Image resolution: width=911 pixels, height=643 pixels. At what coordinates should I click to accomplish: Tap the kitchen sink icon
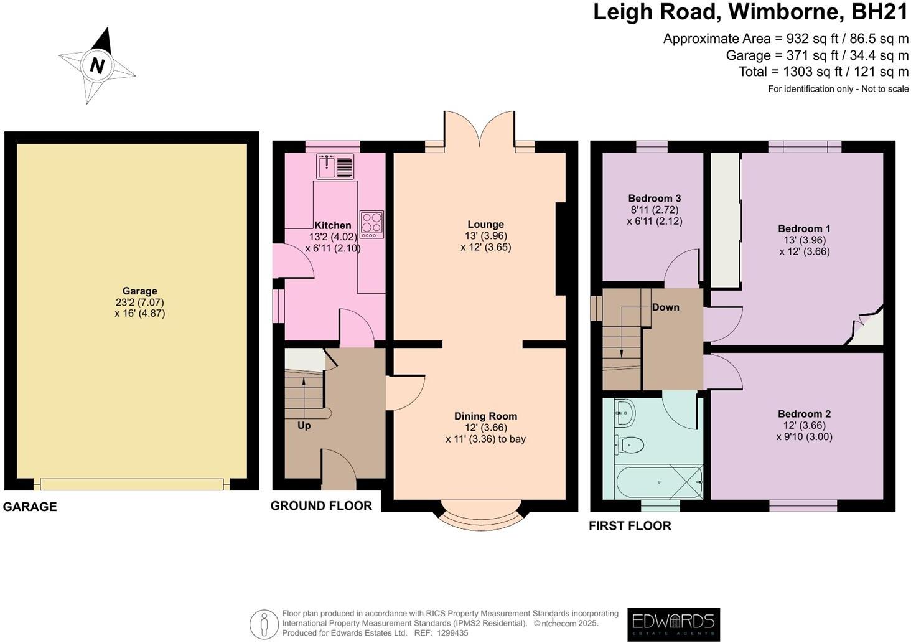pyautogui.click(x=335, y=166)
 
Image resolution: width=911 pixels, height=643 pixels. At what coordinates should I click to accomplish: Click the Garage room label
pyautogui.click(x=139, y=291)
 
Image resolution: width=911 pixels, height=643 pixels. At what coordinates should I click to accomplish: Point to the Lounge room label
pyautogui.click(x=485, y=224)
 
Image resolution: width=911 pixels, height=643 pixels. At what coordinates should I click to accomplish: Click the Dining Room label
pyautogui.click(x=485, y=416)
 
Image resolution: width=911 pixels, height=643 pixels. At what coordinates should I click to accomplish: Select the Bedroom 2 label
pyautogui.click(x=804, y=414)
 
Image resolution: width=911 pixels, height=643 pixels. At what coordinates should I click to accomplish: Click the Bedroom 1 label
pyautogui.click(x=804, y=228)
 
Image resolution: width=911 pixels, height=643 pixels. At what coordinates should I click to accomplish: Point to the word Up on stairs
pyautogui.click(x=304, y=426)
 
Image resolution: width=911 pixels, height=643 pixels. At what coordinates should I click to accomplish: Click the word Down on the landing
pyautogui.click(x=665, y=307)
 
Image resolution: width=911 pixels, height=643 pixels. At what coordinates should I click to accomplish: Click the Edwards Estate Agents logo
pyautogui.click(x=673, y=624)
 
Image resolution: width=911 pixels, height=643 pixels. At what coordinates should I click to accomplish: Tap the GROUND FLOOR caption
pyautogui.click(x=321, y=506)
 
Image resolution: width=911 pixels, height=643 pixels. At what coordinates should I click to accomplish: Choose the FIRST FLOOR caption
pyautogui.click(x=630, y=526)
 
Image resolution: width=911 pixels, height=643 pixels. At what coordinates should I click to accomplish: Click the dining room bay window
pyautogui.click(x=480, y=517)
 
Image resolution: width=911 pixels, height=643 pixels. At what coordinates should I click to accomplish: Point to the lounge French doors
pyautogui.click(x=479, y=131)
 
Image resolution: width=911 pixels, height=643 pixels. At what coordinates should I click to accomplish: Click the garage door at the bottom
pyautogui.click(x=131, y=484)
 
